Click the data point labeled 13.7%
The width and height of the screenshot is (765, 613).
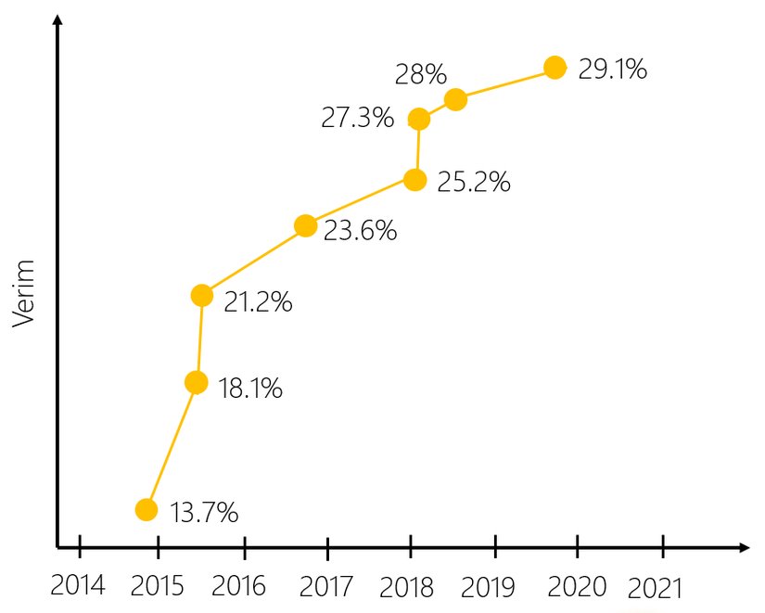[146, 509]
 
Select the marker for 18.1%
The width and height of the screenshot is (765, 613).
[196, 382]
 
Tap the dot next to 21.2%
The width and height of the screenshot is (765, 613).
[202, 295]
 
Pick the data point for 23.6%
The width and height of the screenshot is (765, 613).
[305, 225]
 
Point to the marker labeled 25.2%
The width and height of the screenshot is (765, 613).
[415, 180]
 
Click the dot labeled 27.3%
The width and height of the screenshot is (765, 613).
[419, 119]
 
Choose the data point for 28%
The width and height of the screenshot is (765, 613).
[455, 99]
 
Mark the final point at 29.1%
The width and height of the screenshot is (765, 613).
[555, 67]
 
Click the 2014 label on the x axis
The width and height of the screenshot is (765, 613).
[79, 586]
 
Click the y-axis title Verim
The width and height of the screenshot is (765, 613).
[25, 295]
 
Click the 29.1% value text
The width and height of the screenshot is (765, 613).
[613, 70]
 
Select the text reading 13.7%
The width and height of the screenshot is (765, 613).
[205, 511]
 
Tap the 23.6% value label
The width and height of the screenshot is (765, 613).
[361, 230]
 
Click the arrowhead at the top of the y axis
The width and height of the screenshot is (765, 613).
[57, 20]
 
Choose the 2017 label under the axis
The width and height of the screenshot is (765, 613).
[327, 586]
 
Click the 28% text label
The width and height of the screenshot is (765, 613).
[422, 74]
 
